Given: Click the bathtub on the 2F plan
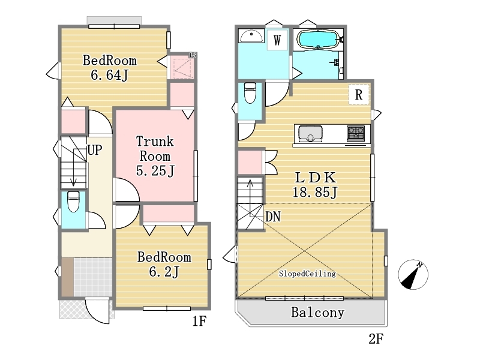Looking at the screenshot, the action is click(x=318, y=40).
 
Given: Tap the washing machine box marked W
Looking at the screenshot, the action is click(x=277, y=40).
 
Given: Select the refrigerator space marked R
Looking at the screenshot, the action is click(x=359, y=95).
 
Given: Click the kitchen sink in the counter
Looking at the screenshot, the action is click(x=310, y=134).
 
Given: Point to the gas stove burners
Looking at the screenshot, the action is click(x=356, y=133).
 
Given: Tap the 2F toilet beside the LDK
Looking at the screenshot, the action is click(x=250, y=93).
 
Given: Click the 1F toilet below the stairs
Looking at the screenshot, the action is click(x=73, y=202).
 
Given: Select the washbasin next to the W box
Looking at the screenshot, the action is click(x=251, y=36).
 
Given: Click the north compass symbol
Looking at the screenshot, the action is click(x=413, y=275).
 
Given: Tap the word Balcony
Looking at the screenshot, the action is click(x=318, y=313).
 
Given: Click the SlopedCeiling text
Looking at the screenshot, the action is click(x=307, y=274).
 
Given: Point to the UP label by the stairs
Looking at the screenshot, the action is click(x=95, y=150).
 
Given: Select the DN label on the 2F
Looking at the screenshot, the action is click(x=273, y=217).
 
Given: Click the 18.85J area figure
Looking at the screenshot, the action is click(x=315, y=192).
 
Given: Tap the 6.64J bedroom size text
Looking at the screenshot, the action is click(x=110, y=75).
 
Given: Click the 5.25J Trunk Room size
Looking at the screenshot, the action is click(x=155, y=170).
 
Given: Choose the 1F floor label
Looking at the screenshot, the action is click(x=199, y=321).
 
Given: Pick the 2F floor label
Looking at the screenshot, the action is click(x=376, y=339).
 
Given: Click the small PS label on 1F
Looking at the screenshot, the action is click(x=193, y=55).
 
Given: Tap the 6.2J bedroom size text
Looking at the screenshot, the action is click(x=164, y=272).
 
